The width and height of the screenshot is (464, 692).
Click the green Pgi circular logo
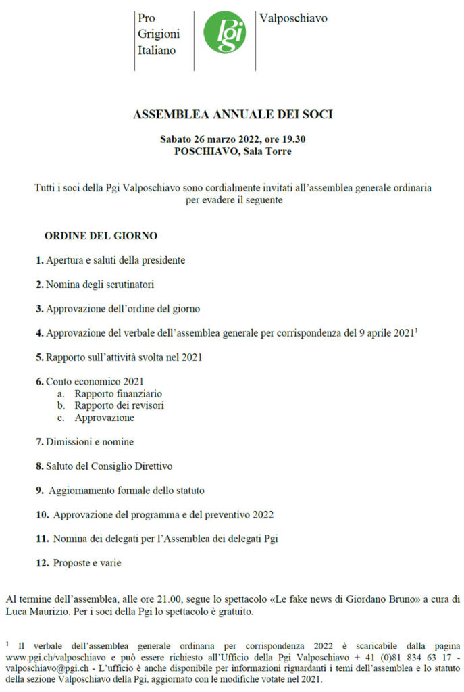pyautogui.click(x=224, y=32)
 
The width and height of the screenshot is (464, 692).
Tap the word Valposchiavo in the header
pyautogui.click(x=293, y=18)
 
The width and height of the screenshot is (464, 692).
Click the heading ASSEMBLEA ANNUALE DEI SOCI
pyautogui.click(x=232, y=115)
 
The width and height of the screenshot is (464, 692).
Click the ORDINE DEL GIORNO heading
pyautogui.click(x=101, y=236)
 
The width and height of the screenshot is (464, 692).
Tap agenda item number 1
pyautogui.click(x=40, y=260)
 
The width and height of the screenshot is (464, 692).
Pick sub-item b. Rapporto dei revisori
pyautogui.click(x=119, y=405)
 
